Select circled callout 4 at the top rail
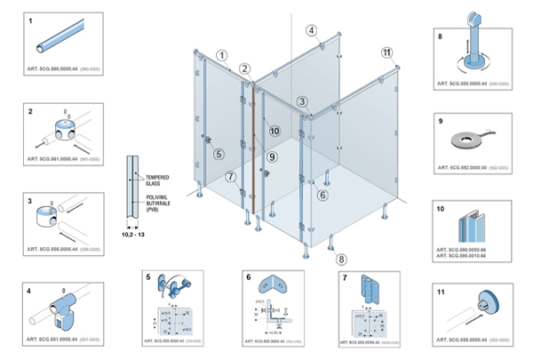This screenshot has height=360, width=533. tap(312, 30)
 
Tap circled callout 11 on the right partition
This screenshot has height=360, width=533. tap(386, 52)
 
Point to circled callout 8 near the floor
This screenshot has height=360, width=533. tap(342, 260)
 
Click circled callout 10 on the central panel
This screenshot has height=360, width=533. tap(274, 131)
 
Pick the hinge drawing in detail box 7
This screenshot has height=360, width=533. tap(369, 287)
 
